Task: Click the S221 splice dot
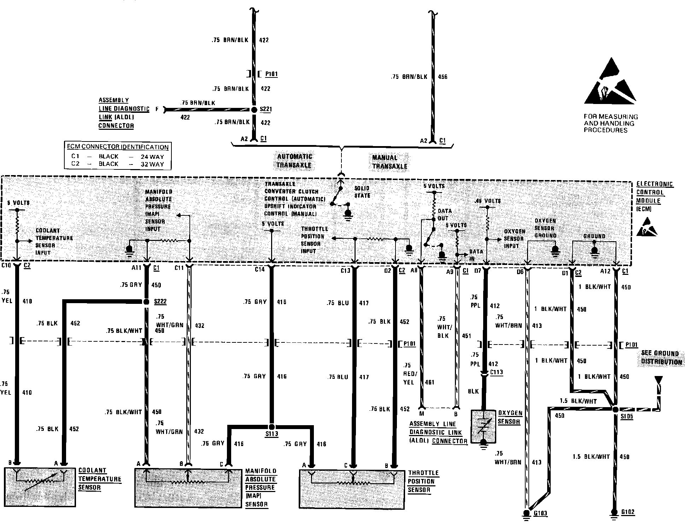point(254,110)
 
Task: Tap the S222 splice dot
point(146,302)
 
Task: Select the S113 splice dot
point(271,426)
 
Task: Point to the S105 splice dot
point(615,409)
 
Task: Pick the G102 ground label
point(628,512)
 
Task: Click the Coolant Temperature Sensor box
point(40,487)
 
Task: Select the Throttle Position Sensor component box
point(352,489)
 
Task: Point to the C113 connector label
point(496,372)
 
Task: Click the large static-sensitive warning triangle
point(610,84)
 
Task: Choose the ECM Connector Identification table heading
point(118,147)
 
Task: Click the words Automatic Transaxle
point(294,161)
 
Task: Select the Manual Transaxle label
point(390,162)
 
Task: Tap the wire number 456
point(443,77)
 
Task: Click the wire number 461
point(429,382)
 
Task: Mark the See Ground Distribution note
point(661,358)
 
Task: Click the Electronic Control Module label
point(655,196)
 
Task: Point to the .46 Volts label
point(488,201)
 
